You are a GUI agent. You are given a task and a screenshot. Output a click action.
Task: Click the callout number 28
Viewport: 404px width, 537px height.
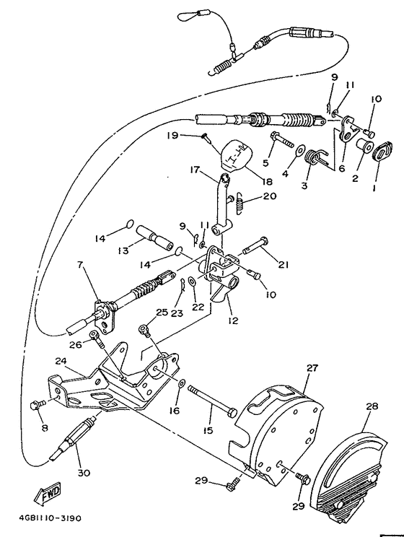[x=372, y=406]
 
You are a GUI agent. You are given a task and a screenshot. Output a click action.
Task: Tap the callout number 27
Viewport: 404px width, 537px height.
[x=312, y=368]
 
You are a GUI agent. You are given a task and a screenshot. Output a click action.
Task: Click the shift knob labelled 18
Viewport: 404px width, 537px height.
[x=234, y=153]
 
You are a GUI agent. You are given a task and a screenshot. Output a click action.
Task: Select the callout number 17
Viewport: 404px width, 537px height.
[x=195, y=171]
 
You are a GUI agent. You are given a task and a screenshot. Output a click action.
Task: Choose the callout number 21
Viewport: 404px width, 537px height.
[x=283, y=264]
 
